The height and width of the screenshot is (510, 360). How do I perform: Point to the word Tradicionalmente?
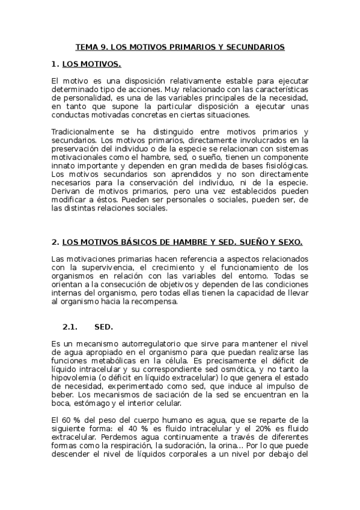click(85, 132)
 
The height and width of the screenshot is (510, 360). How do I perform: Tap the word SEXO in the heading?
click(290, 242)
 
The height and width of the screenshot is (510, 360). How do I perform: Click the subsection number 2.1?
click(71, 327)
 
